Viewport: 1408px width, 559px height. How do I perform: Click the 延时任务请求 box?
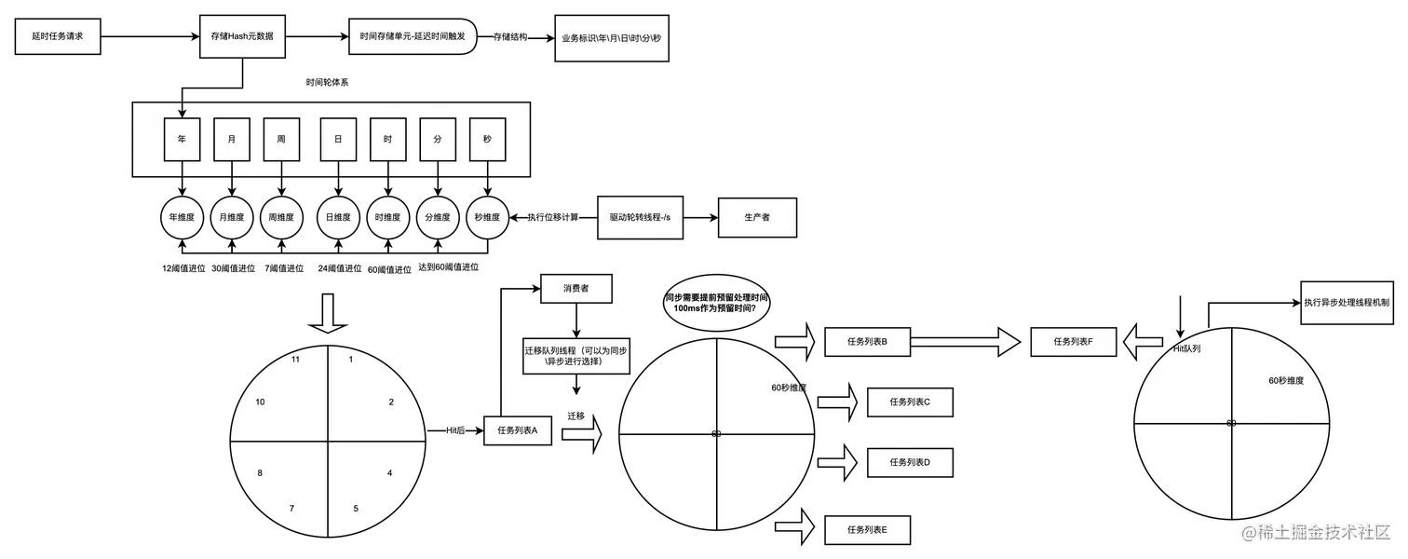58,37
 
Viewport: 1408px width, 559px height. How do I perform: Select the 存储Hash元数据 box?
242,37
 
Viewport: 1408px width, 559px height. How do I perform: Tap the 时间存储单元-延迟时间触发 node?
413,37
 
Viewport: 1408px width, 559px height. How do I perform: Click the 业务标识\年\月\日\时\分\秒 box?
611,39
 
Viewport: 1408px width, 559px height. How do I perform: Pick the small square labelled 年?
183,139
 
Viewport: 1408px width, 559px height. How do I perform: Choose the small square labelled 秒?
487,139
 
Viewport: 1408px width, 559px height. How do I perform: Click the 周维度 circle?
281,218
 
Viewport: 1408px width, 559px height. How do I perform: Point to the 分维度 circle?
438,218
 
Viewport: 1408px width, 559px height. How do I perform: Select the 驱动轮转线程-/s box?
640,217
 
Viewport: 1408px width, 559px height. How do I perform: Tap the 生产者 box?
757,217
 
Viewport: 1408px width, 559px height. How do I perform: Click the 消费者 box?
575,289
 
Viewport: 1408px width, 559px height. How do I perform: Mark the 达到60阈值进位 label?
449,267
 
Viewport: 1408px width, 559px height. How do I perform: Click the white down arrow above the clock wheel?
328,315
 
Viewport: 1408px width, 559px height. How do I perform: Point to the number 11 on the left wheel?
295,359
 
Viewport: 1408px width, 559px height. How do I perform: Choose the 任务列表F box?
1072,342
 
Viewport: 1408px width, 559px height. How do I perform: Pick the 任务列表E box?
867,529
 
